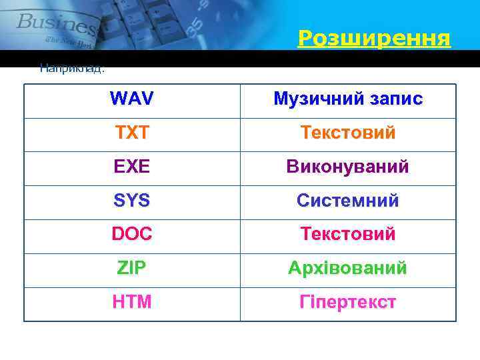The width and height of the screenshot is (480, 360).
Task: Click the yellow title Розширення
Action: pos(374,38)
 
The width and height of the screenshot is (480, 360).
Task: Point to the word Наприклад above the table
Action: pos(72,67)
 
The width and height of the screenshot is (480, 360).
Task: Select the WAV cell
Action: pos(131,99)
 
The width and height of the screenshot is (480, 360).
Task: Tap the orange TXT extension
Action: pos(131,133)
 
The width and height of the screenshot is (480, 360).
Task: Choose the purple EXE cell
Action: pos(131,167)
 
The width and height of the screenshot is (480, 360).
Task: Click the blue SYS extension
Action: pos(131,201)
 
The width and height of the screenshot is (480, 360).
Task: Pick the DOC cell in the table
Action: pos(131,235)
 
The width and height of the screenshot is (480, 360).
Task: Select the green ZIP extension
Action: pos(131,268)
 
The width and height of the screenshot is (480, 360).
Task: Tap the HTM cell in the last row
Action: pos(131,302)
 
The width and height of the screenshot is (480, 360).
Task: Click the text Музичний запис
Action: pos(347,99)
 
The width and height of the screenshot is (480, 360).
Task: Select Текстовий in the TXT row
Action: pos(347,133)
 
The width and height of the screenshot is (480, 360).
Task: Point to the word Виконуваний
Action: pos(347,167)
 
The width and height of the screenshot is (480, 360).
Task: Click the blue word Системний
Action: pos(347,201)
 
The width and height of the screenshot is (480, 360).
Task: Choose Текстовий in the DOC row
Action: pos(347,235)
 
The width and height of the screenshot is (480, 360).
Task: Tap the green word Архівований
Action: pos(347,268)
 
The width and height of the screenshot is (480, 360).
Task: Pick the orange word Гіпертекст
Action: pos(347,302)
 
